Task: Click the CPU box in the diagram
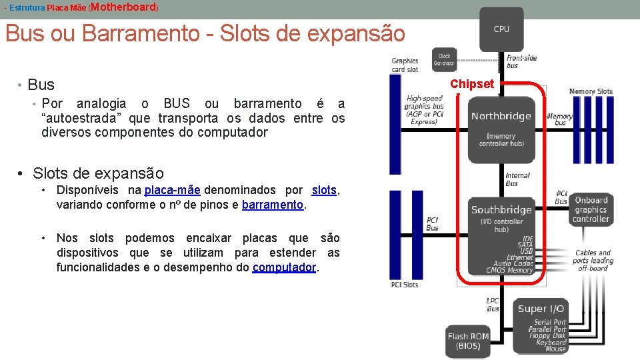click(x=501, y=29)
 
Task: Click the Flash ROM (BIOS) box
click(x=468, y=341)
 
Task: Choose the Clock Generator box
click(x=444, y=59)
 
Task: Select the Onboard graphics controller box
click(x=591, y=209)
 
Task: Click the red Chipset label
click(x=472, y=84)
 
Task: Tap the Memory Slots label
click(x=591, y=91)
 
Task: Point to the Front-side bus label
click(x=521, y=61)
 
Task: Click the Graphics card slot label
click(x=405, y=65)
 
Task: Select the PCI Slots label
click(x=405, y=285)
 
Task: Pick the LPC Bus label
click(x=493, y=305)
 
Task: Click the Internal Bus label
click(x=517, y=179)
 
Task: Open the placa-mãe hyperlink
click(x=172, y=190)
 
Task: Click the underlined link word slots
click(x=324, y=190)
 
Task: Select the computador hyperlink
click(x=285, y=267)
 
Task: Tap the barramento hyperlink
click(x=272, y=205)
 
